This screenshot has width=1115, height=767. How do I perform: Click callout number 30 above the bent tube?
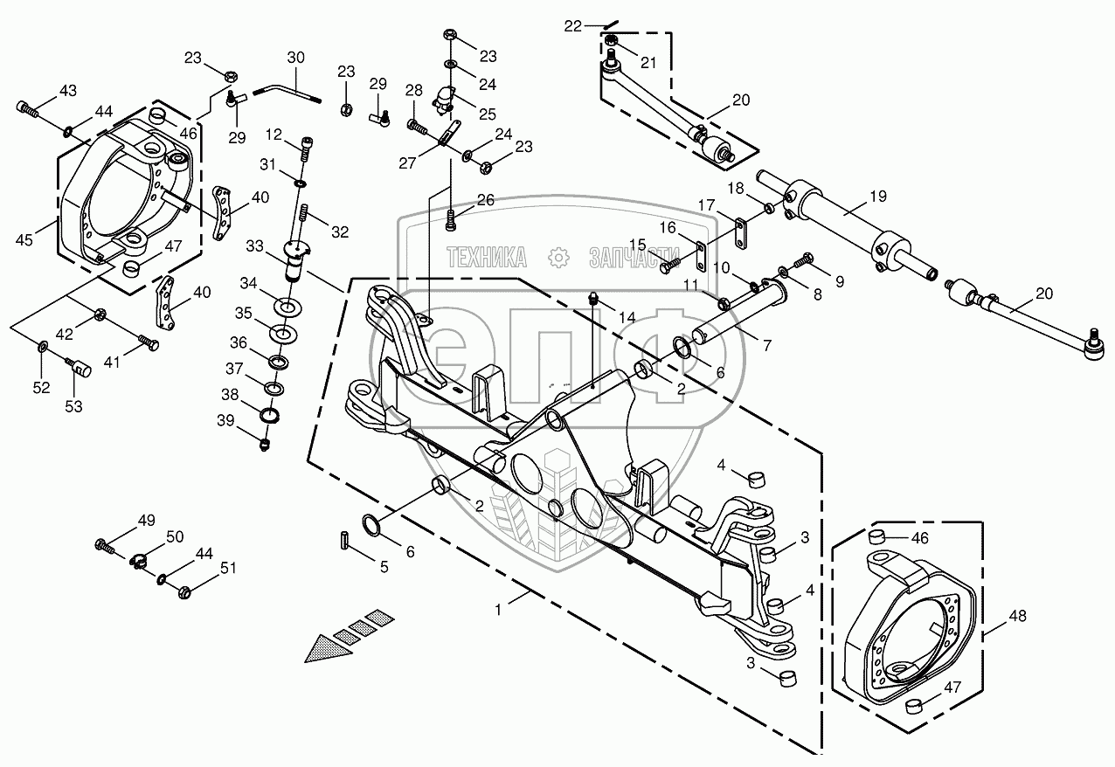click(295, 58)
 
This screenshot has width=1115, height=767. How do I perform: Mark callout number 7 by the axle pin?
click(766, 346)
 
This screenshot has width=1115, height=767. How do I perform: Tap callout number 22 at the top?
click(572, 26)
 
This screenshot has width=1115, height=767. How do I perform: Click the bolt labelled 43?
click(28, 109)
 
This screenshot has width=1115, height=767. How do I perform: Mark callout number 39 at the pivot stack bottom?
click(226, 421)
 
